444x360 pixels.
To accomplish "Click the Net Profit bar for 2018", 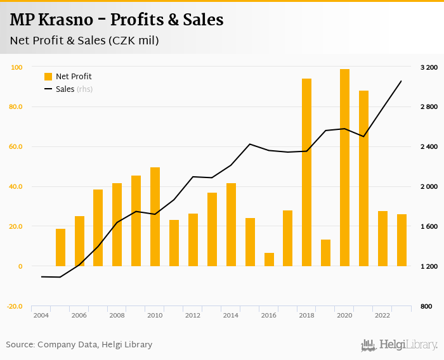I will pyautogui.click(x=307, y=172).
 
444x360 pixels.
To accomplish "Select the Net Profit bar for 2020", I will pyautogui.click(x=345, y=168).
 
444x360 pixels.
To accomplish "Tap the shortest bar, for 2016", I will pyautogui.click(x=269, y=260).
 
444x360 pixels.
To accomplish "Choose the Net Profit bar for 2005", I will pyautogui.click(x=60, y=248).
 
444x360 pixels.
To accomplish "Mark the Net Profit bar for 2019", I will pyautogui.click(x=326, y=253).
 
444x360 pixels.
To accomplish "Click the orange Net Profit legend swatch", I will pyautogui.click(x=48, y=77).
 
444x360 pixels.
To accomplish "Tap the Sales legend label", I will pyautogui.click(x=65, y=89).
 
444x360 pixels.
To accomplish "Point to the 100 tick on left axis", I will pyautogui.click(x=17, y=67).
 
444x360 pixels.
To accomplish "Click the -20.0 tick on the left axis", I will pyautogui.click(x=15, y=306).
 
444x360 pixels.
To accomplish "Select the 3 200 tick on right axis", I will pyautogui.click(x=429, y=67).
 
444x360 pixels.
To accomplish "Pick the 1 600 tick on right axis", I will pyautogui.click(x=429, y=227).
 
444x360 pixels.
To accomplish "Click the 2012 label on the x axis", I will pyautogui.click(x=193, y=315).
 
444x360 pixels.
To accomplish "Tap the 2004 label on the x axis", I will pyautogui.click(x=41, y=315).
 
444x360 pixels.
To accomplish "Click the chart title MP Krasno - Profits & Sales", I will pyautogui.click(x=117, y=20).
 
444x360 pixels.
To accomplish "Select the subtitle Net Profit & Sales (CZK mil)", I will pyautogui.click(x=84, y=41).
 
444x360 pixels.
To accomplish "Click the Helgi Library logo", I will pyautogui.click(x=400, y=345).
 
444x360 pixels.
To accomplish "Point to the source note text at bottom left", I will pyautogui.click(x=79, y=345).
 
